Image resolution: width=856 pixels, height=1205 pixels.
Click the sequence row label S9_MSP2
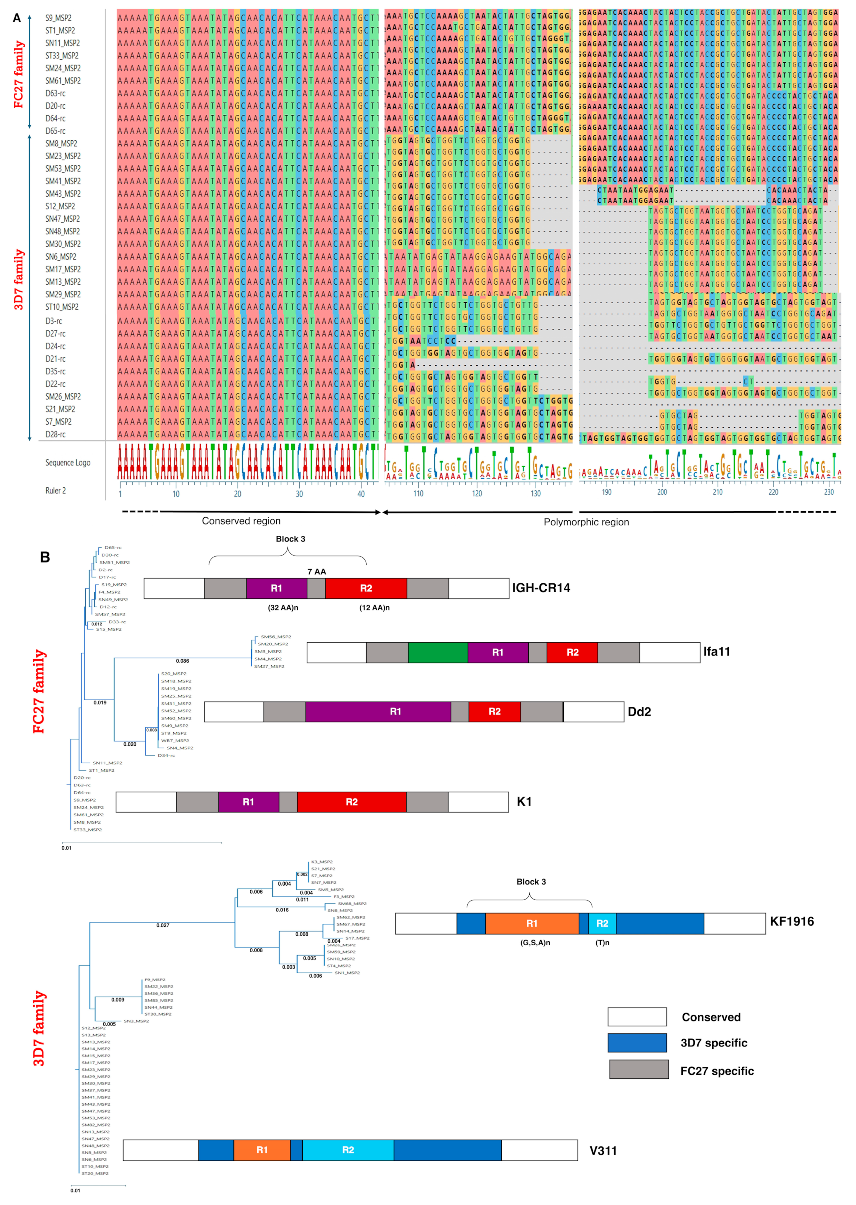point(58,18)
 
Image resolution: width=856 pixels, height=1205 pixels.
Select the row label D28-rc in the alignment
point(55,434)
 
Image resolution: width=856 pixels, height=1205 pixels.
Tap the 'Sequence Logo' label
point(68,463)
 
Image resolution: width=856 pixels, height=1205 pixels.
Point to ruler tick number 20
point(238,494)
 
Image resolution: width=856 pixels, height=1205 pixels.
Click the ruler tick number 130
point(536,493)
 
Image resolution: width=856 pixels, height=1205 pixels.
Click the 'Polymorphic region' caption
point(586,522)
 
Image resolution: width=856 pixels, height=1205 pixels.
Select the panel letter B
point(45,557)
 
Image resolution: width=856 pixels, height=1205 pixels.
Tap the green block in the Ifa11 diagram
point(437,652)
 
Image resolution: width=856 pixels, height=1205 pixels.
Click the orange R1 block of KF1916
point(532,923)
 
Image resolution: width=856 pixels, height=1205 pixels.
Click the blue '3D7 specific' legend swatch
point(637,1043)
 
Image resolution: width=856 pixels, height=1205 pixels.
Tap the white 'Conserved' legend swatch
point(637,1017)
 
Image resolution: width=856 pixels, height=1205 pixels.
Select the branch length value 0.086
point(183,661)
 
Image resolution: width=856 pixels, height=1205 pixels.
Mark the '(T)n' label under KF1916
point(602,942)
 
